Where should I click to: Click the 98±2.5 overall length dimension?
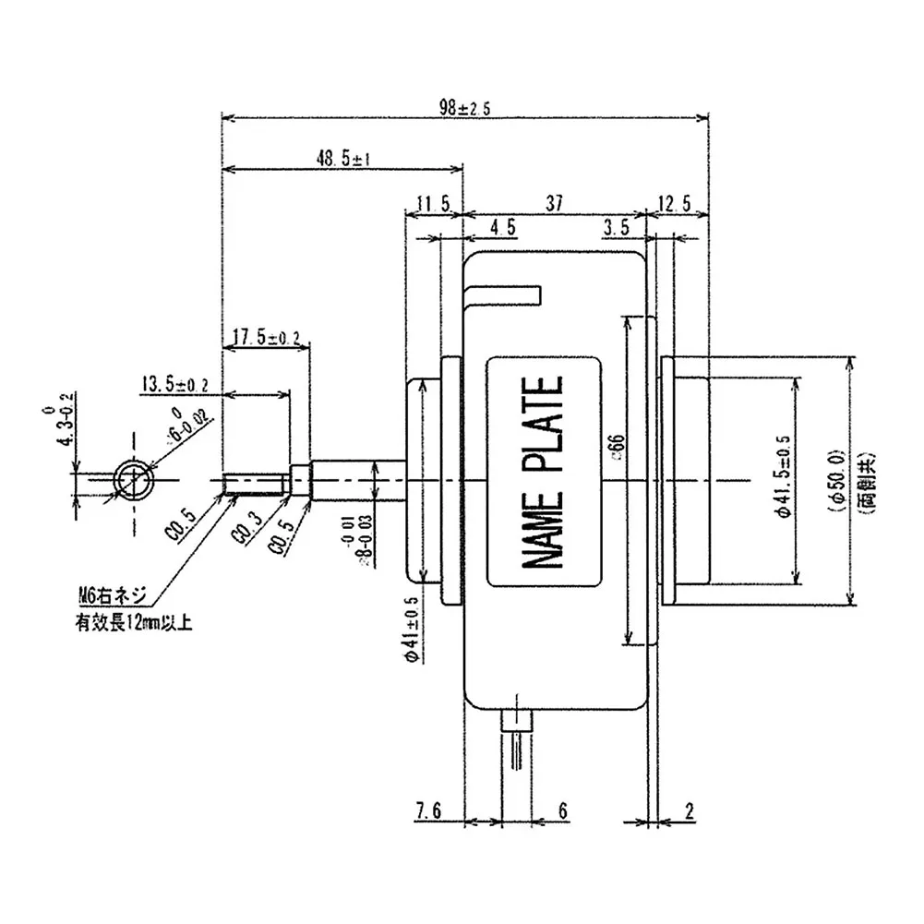[x=465, y=108]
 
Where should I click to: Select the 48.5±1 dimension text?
[x=342, y=158]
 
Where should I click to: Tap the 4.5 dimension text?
[x=503, y=228]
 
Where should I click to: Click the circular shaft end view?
[x=135, y=480]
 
